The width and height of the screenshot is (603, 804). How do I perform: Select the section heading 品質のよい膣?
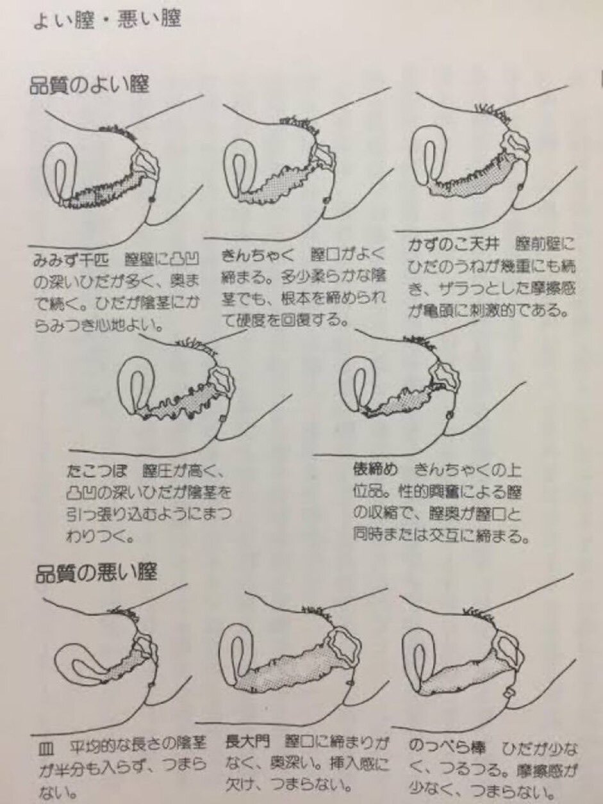[89, 85]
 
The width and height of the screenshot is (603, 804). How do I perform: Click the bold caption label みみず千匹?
[71, 261]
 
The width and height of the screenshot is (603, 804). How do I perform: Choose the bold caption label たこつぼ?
[97, 472]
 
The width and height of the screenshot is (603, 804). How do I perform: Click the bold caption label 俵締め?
[375, 469]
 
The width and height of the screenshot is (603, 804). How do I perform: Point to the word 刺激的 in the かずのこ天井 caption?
[495, 311]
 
